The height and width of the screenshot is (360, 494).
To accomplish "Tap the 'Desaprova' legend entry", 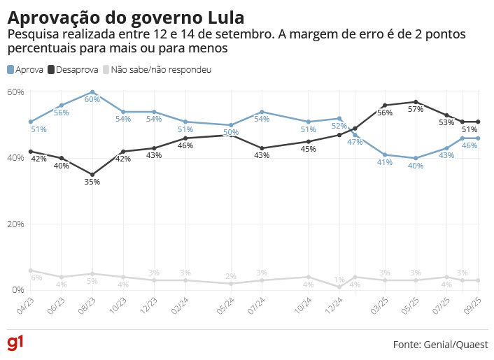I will (x=73, y=70).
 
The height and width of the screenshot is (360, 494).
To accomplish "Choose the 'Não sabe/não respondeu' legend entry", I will (x=157, y=70).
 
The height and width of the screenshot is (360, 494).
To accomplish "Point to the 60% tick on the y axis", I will (x=15, y=92).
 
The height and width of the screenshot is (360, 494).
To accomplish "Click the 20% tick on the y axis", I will (x=15, y=224).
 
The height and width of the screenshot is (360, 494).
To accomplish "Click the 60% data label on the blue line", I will (x=92, y=100).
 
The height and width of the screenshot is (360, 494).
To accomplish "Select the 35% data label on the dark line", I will (x=92, y=182).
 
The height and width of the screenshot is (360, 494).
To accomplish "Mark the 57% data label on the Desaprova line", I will (x=416, y=110).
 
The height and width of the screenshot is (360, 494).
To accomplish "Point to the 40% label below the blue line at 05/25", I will (x=416, y=166).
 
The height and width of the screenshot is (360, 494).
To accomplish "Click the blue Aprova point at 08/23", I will (x=92, y=92).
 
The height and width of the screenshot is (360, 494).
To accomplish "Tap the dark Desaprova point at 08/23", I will (x=92, y=175).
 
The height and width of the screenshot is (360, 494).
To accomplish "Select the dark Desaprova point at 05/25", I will (x=416, y=102).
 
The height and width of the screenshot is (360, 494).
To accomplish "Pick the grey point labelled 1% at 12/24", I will (x=339, y=287).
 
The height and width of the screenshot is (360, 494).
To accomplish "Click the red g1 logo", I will (x=15, y=343).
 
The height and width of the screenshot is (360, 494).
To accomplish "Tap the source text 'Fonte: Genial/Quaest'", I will (x=441, y=345).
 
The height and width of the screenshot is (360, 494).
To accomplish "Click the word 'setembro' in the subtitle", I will (x=237, y=34).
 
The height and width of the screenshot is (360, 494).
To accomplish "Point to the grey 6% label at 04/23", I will (x=36, y=278).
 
